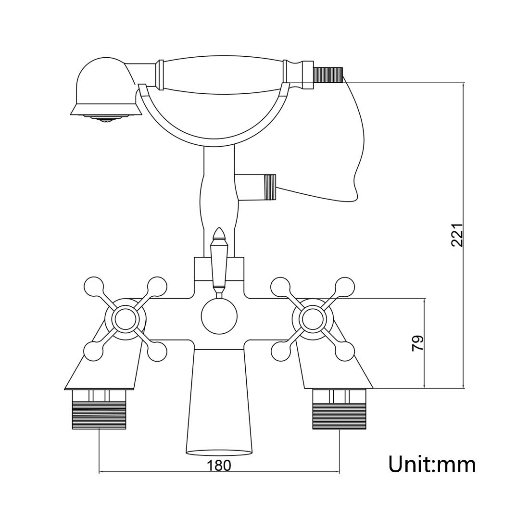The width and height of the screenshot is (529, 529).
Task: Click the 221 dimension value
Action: [457, 235]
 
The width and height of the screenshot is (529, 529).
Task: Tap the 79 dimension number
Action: [417, 343]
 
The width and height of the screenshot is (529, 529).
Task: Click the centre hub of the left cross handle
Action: [125, 318]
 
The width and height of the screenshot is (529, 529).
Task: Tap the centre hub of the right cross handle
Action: [313, 318]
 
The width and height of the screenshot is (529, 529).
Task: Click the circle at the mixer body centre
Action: [219, 316]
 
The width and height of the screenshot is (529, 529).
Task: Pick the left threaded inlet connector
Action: [99, 409]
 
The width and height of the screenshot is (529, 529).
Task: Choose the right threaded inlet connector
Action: [339, 409]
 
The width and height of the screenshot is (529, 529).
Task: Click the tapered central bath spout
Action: [219, 402]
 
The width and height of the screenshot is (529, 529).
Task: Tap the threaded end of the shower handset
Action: [328, 74]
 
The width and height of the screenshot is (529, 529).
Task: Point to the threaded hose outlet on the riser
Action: [270, 187]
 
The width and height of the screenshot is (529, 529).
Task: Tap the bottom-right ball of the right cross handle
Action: [345, 351]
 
